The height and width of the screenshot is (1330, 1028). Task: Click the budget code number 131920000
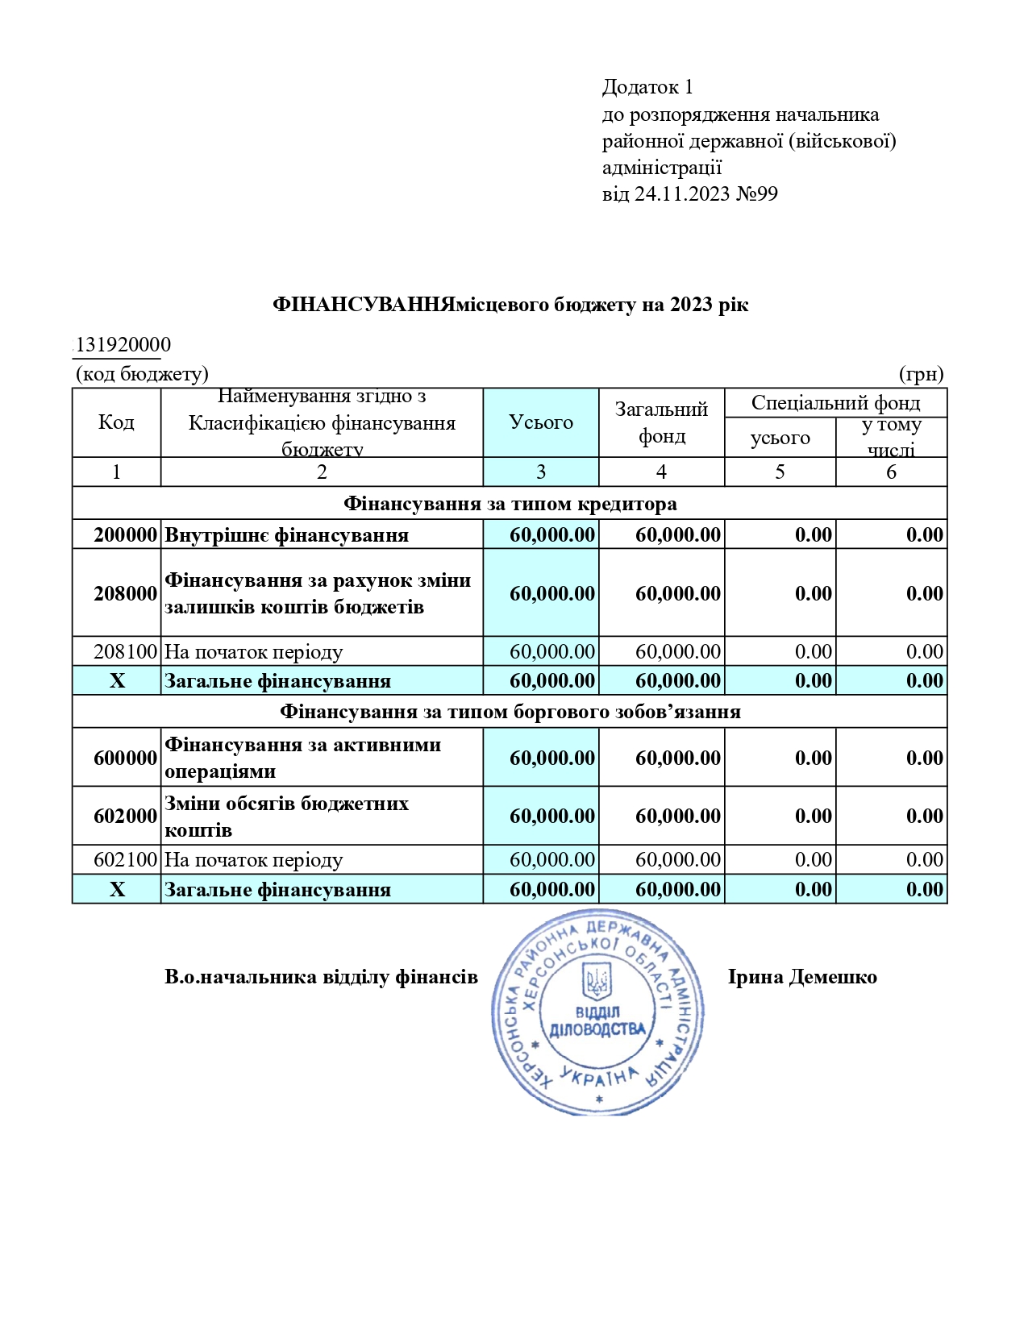[123, 345]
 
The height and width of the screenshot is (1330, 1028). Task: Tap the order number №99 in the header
[757, 194]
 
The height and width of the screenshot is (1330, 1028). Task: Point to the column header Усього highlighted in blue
[541, 422]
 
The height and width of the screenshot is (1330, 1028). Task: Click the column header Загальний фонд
[661, 422]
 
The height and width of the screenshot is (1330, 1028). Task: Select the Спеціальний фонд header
[835, 402]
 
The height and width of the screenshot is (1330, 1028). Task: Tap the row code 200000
[125, 535]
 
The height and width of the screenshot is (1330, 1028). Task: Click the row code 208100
[125, 651]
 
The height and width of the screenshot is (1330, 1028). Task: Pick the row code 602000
[125, 816]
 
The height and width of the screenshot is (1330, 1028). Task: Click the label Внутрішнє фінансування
[286, 535]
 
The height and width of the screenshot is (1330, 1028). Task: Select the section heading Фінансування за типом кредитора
[510, 504]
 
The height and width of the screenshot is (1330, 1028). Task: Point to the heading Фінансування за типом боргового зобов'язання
[510, 712]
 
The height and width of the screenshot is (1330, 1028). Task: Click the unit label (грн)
[921, 374]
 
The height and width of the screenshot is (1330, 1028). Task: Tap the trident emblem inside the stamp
[597, 981]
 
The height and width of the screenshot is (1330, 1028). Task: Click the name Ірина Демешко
[802, 977]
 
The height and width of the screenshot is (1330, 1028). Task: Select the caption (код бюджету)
[142, 374]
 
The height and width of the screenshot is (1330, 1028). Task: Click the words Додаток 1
[647, 87]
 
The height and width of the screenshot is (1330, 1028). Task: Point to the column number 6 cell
[891, 472]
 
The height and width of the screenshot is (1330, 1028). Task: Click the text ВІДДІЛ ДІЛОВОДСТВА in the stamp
[597, 1021]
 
